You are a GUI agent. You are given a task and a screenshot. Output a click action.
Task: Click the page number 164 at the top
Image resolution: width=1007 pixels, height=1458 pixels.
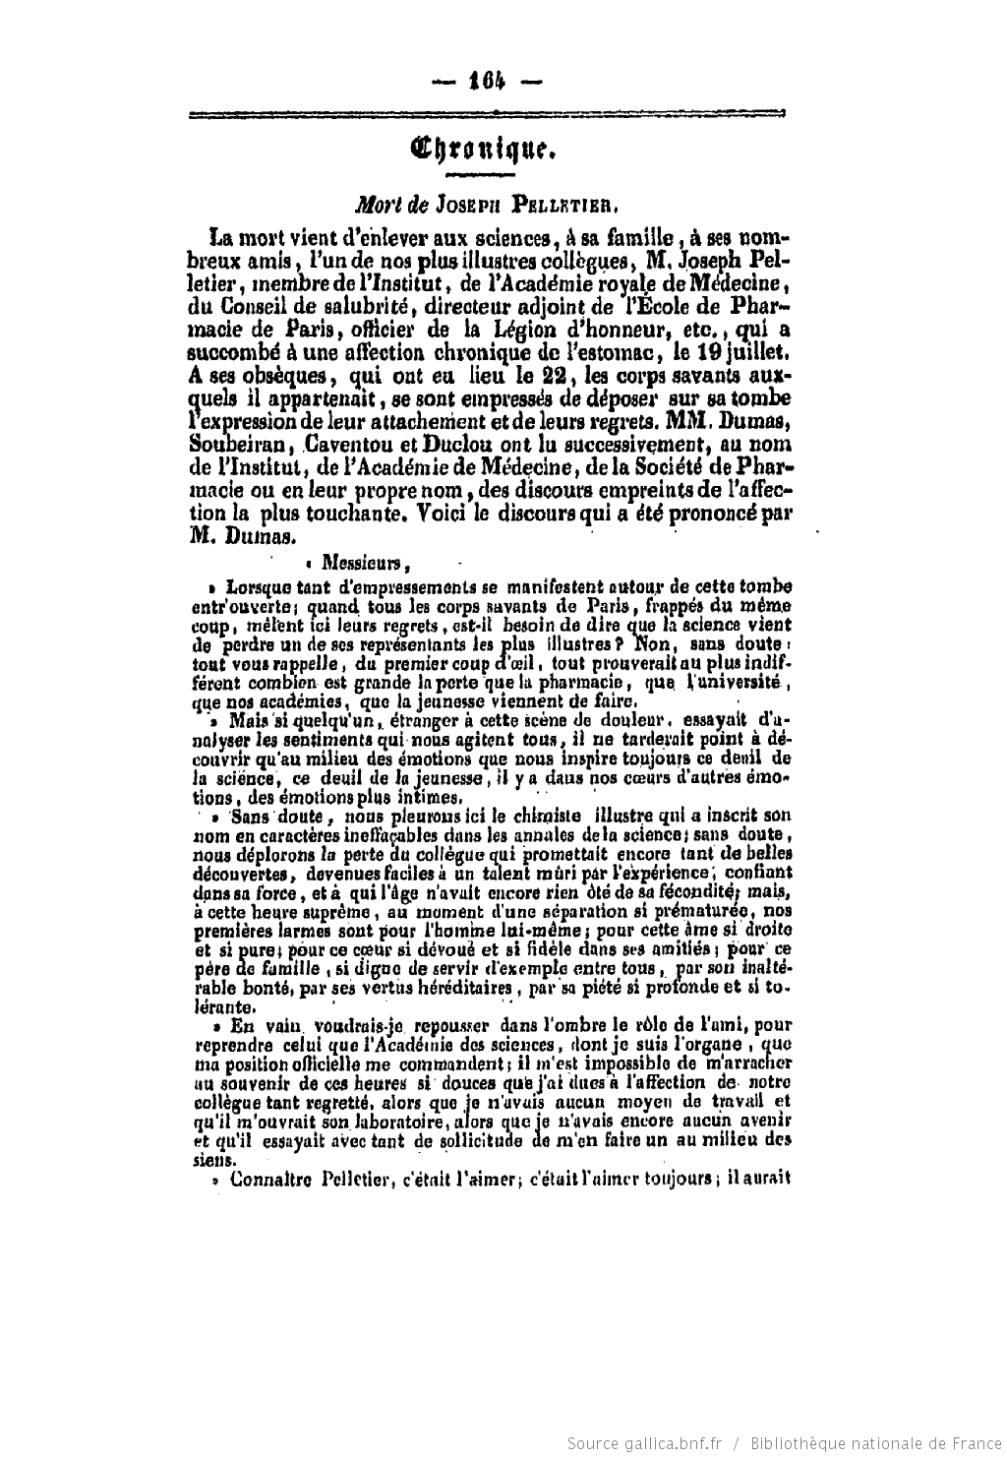488,83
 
